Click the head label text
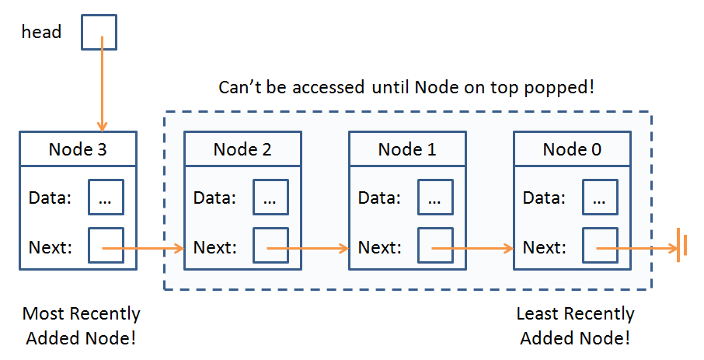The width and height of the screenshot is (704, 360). (41, 32)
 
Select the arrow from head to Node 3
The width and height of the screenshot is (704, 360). (103, 84)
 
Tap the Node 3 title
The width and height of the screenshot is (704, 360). (78, 149)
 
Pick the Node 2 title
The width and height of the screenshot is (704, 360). (242, 149)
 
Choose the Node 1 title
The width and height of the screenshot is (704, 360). (407, 149)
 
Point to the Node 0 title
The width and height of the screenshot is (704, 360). (572, 149)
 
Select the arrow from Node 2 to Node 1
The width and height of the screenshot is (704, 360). (308, 248)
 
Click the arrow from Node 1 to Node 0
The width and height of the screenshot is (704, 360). (472, 248)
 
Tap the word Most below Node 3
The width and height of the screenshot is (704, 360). (44, 313)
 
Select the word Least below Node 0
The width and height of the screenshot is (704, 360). (538, 313)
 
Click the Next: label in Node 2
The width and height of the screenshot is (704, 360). (214, 247)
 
